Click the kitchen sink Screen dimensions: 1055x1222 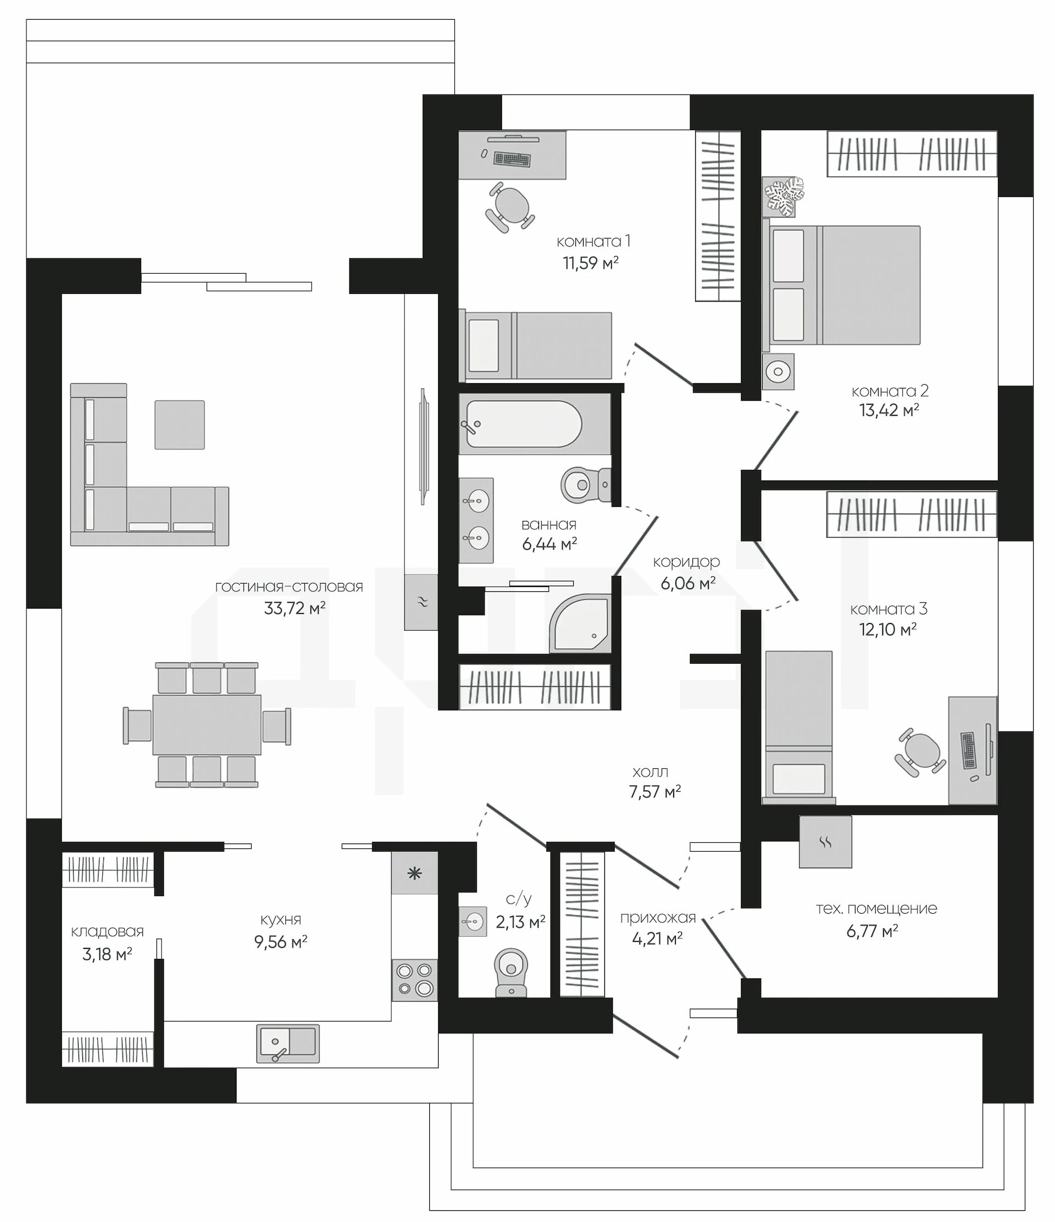[x=288, y=1043]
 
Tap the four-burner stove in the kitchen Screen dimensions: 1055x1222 [x=414, y=980]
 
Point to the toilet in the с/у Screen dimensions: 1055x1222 [x=510, y=972]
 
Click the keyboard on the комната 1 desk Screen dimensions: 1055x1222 [x=512, y=159]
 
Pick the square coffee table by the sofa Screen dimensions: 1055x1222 [x=180, y=425]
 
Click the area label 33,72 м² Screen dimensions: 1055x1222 [x=295, y=608]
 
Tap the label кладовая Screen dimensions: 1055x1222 [x=107, y=931]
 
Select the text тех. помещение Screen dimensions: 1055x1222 [x=876, y=908]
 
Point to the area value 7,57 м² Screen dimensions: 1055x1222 [x=655, y=791]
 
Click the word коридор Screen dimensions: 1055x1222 [x=686, y=563]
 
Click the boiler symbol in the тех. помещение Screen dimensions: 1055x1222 [x=826, y=842]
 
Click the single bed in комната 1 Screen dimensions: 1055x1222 [x=535, y=346]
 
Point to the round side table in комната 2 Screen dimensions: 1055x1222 [x=779, y=371]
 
